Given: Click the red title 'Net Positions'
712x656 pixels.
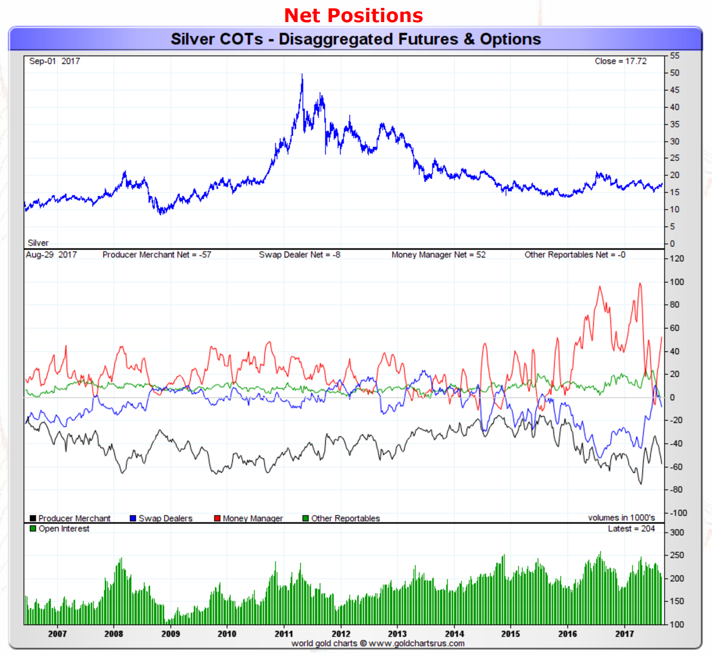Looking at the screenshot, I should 353,16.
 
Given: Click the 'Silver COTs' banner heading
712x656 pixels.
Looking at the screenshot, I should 355,39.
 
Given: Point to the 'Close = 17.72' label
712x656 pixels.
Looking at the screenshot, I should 620,61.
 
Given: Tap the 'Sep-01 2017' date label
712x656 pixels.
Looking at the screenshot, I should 55,61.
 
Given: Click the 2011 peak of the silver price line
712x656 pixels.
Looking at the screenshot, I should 302,75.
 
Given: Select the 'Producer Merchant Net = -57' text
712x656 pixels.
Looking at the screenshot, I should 157,255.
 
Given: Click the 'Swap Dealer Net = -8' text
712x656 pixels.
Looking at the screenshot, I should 299,255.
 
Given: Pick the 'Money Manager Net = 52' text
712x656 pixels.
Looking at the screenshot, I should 438,255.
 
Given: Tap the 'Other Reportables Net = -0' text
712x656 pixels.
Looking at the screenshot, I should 575,255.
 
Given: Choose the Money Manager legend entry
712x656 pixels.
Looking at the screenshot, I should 248,518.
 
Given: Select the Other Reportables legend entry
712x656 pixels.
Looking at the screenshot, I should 341,518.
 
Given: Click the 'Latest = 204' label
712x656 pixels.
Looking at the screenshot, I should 631,529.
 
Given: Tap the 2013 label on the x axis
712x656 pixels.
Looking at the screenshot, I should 397,634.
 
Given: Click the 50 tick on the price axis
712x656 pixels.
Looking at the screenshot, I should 675,73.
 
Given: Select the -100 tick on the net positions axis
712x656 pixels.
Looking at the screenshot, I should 678,513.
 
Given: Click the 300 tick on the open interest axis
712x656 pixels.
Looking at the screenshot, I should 677,532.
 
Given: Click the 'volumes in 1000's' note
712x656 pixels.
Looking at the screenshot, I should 621,518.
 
